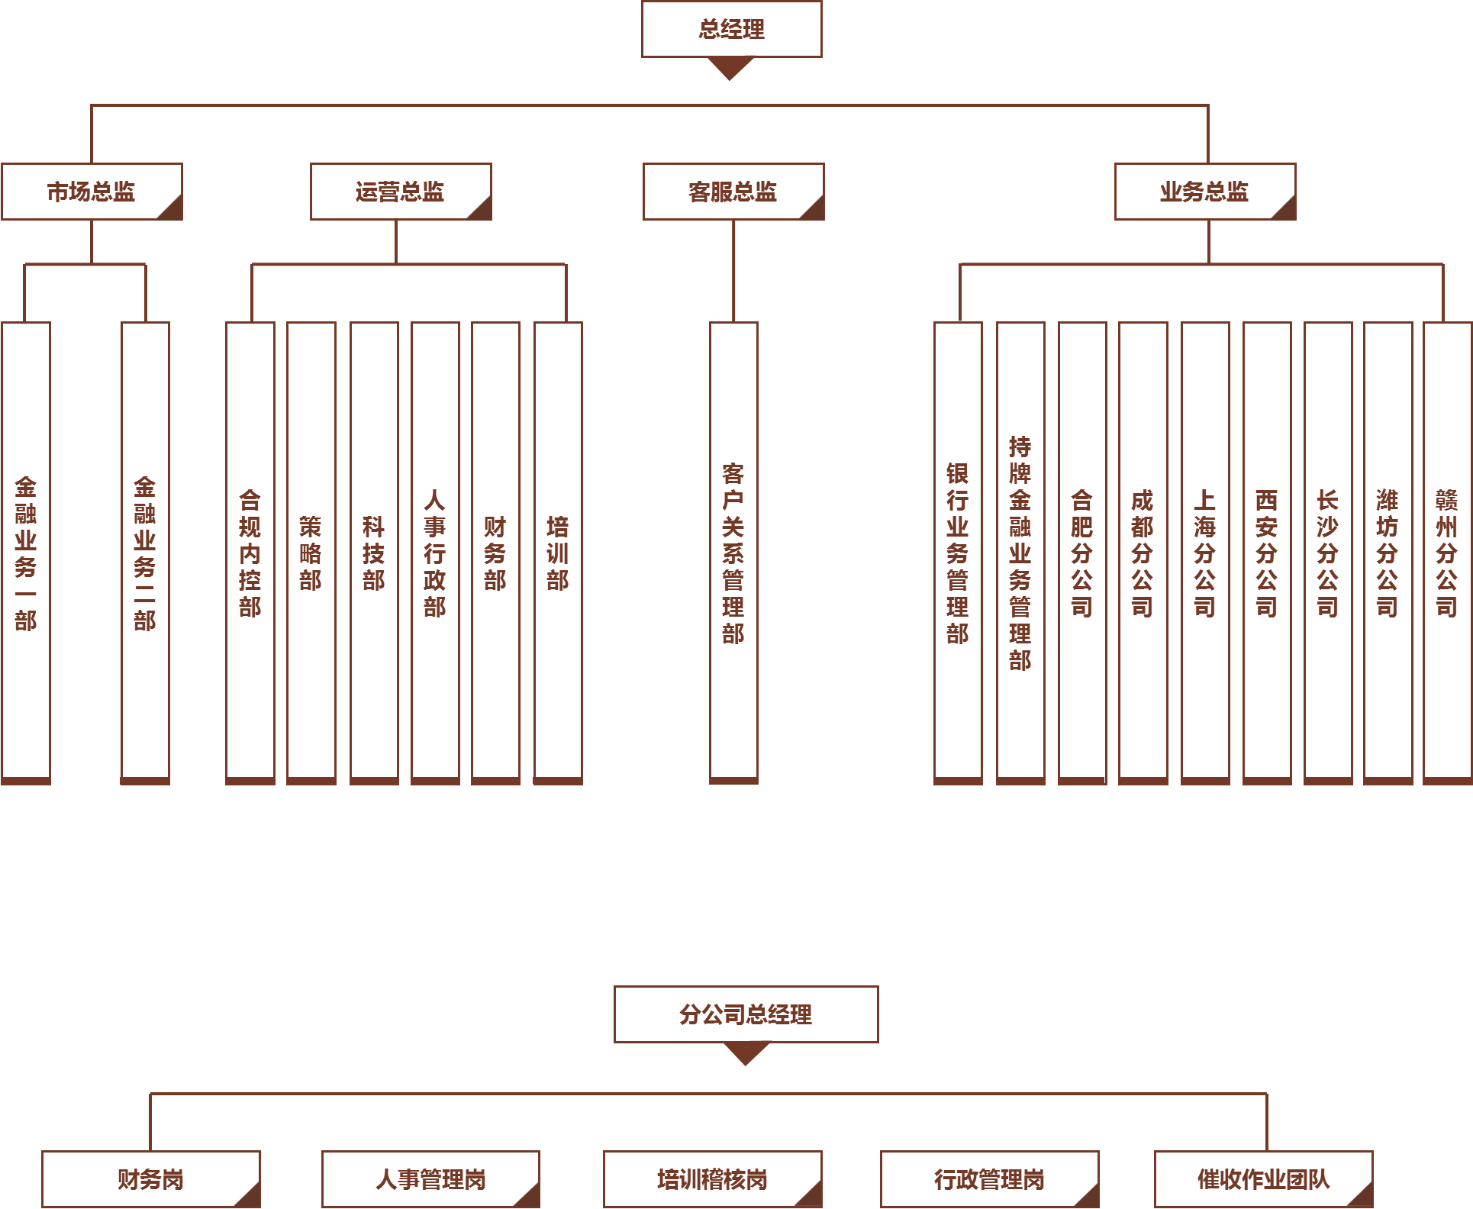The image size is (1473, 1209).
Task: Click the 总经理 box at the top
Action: click(x=731, y=29)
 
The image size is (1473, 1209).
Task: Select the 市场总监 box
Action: click(x=92, y=192)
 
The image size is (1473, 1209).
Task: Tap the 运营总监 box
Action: click(x=401, y=192)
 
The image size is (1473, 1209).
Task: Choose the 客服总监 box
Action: click(x=733, y=192)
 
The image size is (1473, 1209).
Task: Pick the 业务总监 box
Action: click(x=1205, y=192)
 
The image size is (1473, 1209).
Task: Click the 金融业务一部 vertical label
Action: click(x=26, y=553)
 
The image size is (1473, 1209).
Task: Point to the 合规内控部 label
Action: click(x=250, y=553)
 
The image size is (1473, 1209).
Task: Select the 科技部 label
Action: click(x=374, y=553)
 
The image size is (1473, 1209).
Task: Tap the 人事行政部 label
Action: click(x=435, y=553)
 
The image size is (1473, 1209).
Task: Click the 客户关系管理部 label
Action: click(x=733, y=553)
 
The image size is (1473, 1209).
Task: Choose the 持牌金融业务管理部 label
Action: click(x=1020, y=553)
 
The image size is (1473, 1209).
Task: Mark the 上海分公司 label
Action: click(x=1205, y=553)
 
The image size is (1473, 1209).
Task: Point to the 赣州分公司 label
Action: click(x=1447, y=553)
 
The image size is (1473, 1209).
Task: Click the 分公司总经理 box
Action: click(x=746, y=1014)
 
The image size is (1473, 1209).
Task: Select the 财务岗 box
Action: click(x=151, y=1179)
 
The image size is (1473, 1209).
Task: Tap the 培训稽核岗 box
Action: click(x=713, y=1179)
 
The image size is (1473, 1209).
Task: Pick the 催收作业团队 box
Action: click(x=1264, y=1179)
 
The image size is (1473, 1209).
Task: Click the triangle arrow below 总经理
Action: click(x=730, y=67)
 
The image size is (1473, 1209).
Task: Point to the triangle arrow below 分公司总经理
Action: click(x=746, y=1053)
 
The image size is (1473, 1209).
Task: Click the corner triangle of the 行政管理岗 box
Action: click(x=1090, y=1198)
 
